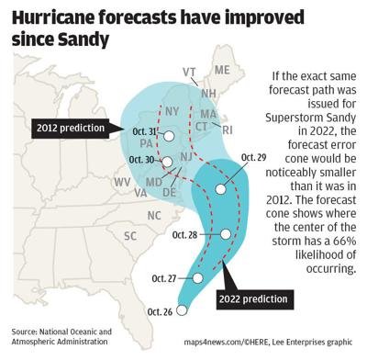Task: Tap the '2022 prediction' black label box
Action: pos(251,298)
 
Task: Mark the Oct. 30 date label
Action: pos(143,159)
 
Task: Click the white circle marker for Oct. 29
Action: pos(220,188)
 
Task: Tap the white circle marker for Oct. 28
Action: pos(226,234)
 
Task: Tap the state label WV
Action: pos(122,183)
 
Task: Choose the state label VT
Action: pos(191,73)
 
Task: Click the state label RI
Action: pos(228,129)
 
